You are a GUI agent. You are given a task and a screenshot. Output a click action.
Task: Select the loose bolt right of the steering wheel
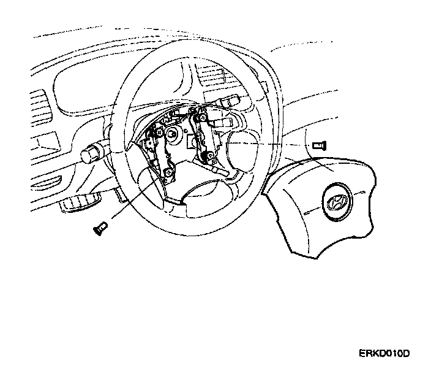(x=317, y=145)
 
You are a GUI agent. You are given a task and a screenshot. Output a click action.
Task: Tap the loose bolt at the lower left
(x=99, y=228)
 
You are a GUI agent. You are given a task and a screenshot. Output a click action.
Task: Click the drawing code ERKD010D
(x=384, y=354)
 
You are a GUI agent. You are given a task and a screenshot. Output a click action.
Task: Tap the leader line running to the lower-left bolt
(x=132, y=202)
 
